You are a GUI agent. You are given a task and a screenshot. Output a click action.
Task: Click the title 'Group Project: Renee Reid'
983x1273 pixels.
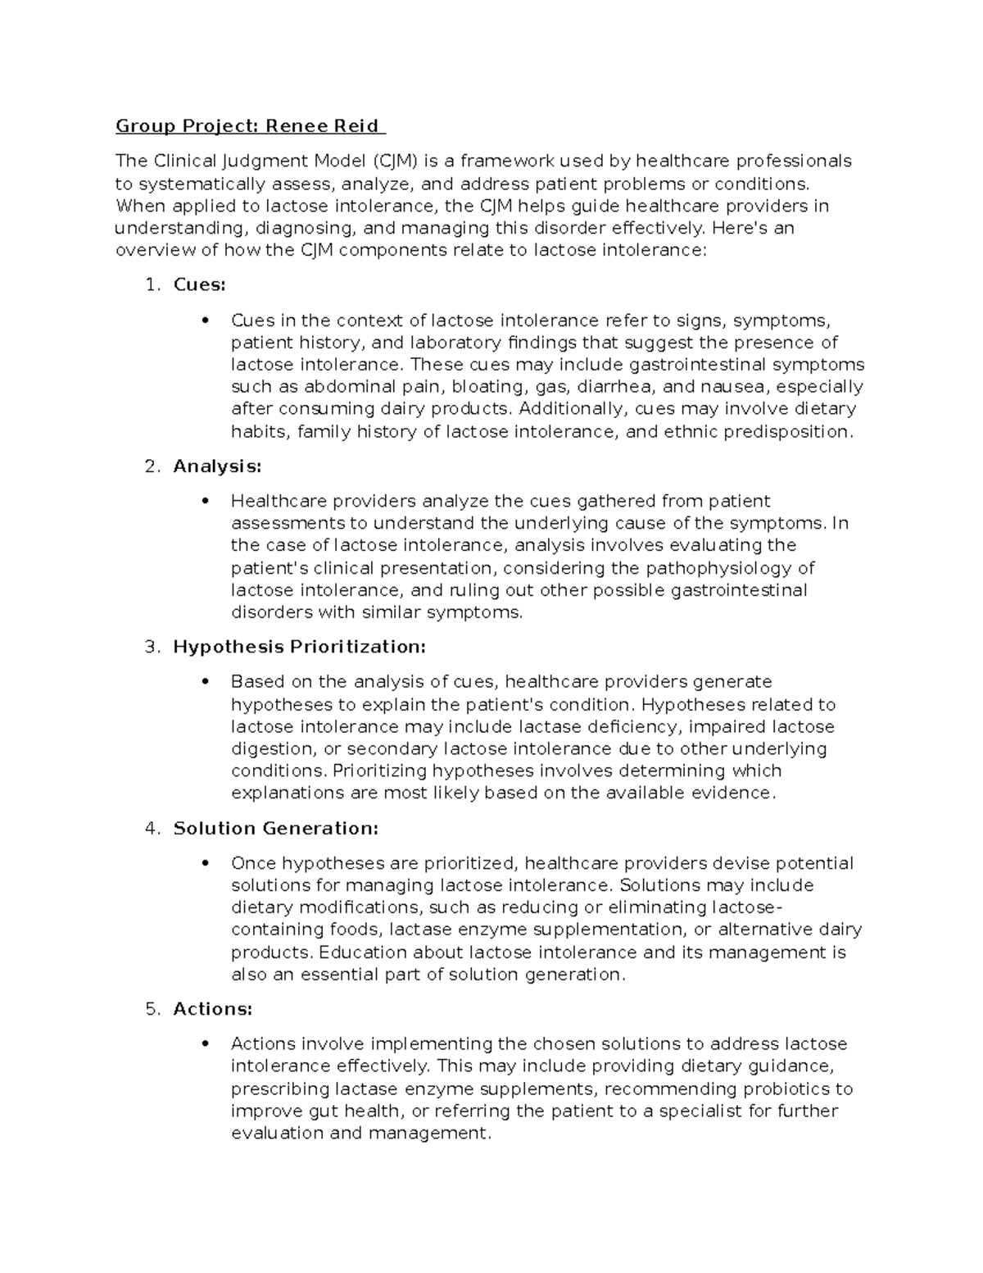248,126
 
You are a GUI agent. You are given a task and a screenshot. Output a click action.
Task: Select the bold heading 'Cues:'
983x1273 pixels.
199,284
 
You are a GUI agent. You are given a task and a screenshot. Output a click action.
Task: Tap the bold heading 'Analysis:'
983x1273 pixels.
217,466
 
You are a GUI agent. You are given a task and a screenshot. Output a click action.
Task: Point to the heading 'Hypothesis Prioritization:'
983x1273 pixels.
300,647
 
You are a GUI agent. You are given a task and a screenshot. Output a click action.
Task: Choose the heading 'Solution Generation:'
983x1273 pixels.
276,829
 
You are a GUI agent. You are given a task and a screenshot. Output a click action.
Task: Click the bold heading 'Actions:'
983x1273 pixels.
213,1009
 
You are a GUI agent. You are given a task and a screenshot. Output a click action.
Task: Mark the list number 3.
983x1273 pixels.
150,647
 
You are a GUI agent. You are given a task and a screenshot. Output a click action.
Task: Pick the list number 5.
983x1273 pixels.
150,1009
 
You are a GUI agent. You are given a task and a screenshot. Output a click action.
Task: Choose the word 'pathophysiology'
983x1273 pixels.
720,568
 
